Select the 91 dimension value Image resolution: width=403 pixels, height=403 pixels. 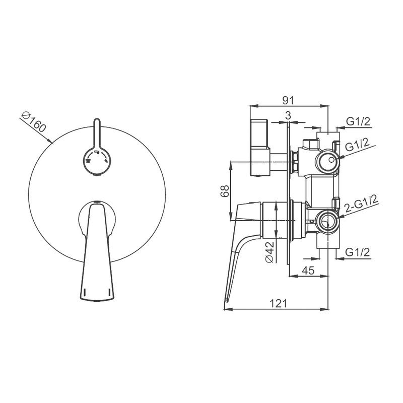(x=288, y=100)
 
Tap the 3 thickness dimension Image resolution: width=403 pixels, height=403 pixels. (x=288, y=115)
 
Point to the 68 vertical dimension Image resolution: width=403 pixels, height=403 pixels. (x=225, y=191)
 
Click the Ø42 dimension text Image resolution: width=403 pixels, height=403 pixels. (x=270, y=252)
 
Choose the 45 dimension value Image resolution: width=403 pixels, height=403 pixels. (x=308, y=270)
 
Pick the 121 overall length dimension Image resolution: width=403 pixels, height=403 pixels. (x=278, y=304)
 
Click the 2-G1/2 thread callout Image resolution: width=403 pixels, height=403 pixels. (x=361, y=204)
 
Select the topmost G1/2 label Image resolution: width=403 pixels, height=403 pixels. (x=358, y=121)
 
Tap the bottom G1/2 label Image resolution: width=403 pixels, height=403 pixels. (x=358, y=252)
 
